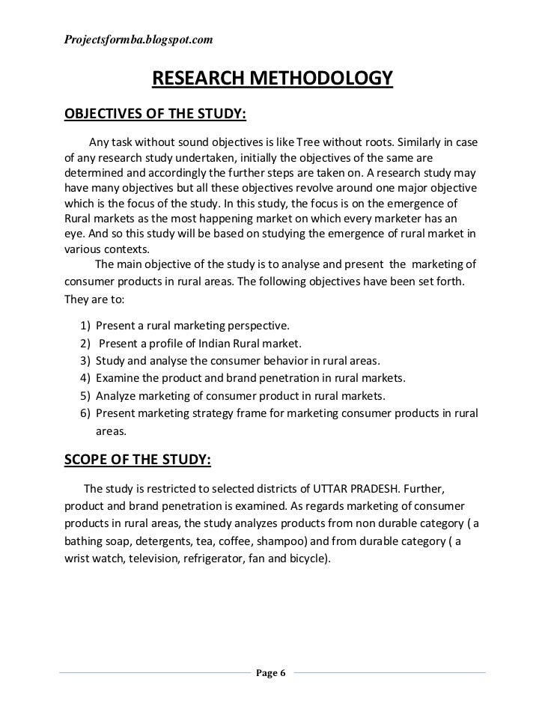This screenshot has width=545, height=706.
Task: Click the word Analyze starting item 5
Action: click(119, 395)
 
